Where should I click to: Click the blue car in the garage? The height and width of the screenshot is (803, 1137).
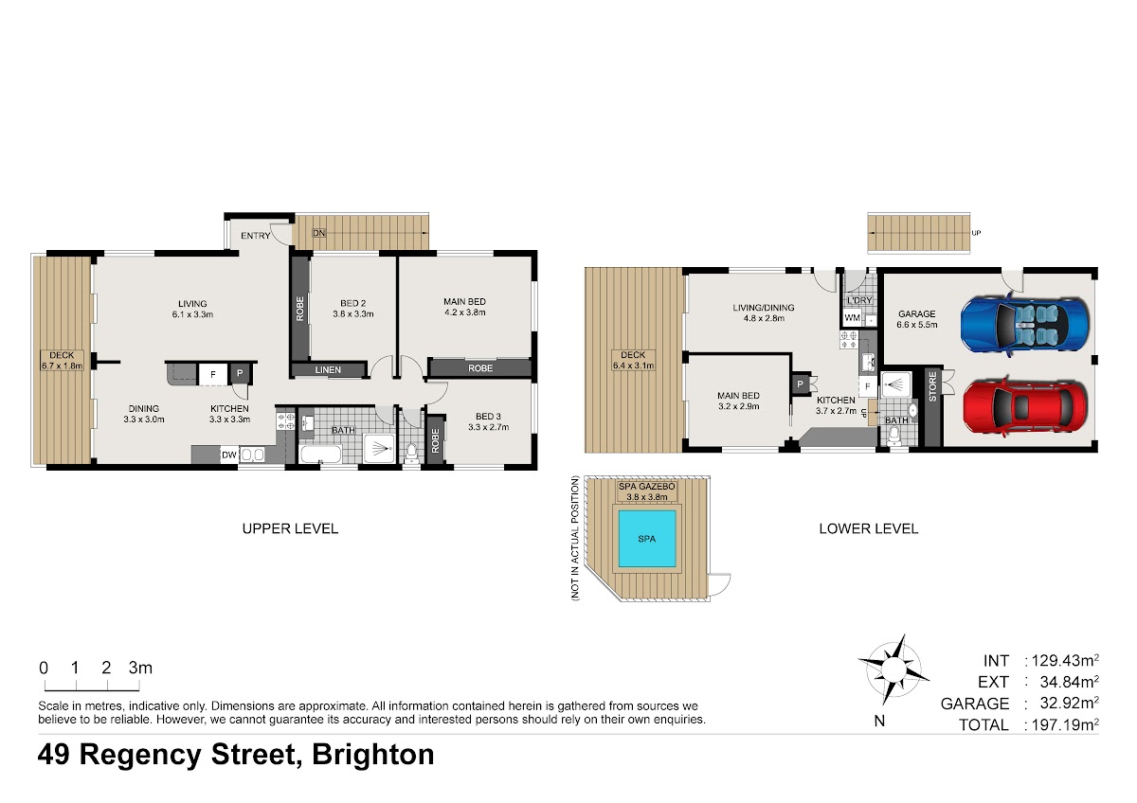[1025, 325]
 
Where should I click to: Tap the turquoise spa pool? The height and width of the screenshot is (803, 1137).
[646, 538]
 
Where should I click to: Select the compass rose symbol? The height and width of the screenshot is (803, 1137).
[893, 669]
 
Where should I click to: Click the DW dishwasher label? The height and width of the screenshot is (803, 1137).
[229, 455]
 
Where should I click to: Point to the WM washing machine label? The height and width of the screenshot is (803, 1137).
[852, 318]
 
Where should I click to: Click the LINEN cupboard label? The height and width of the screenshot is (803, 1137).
[328, 370]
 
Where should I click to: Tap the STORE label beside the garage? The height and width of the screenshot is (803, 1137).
[932, 386]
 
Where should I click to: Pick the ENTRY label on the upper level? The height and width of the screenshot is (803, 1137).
[255, 236]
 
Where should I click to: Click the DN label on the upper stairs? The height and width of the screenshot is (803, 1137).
[318, 233]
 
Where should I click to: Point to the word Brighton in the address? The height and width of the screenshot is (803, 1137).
[373, 755]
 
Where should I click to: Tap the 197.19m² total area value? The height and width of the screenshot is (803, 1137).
[1065, 723]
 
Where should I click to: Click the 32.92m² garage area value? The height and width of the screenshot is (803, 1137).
[1069, 703]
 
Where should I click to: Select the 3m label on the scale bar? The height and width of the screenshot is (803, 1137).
[140, 668]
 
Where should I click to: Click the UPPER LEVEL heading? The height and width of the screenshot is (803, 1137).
[290, 528]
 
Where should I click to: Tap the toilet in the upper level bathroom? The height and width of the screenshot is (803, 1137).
[411, 454]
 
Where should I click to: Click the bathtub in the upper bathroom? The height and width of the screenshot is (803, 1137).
[321, 454]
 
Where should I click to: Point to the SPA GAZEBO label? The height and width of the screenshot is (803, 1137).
[646, 487]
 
